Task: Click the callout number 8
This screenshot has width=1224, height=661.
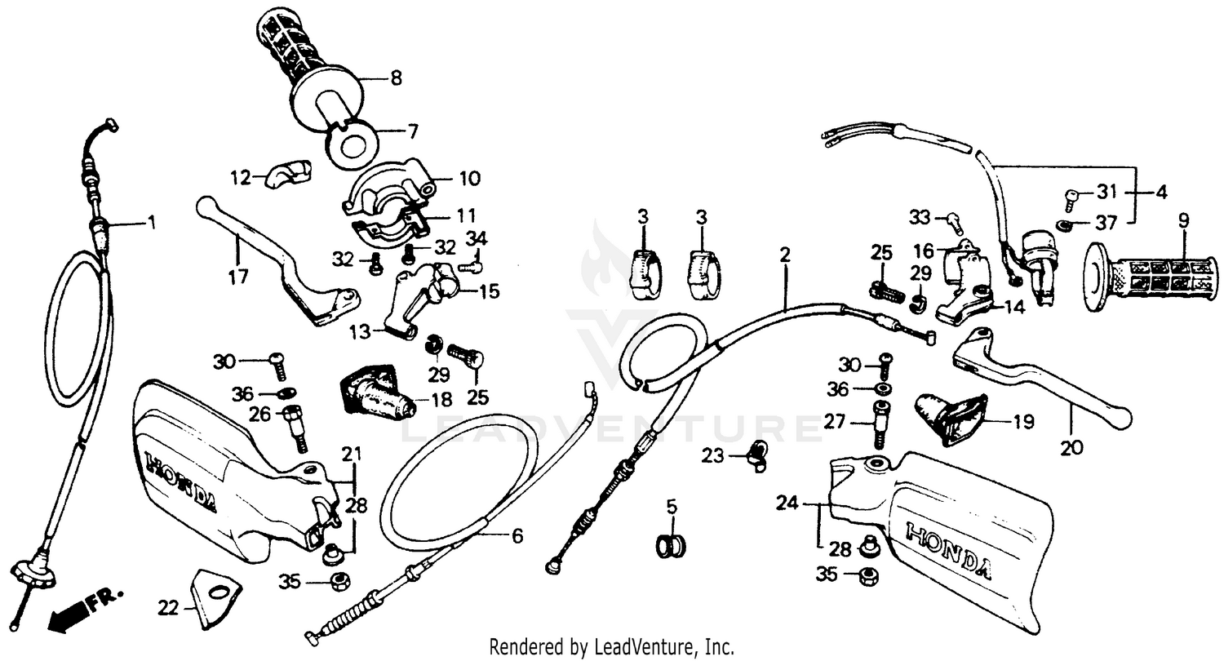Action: coord(396,79)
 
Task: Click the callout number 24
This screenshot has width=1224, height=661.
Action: coord(787,505)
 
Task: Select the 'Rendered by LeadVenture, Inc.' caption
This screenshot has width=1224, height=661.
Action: coord(611,647)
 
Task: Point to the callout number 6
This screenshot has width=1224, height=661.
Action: coord(517,536)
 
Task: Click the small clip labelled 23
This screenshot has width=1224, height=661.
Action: coord(756,455)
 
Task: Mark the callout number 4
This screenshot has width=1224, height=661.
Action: coord(1160,193)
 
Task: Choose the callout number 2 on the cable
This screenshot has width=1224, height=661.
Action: coord(784,255)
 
